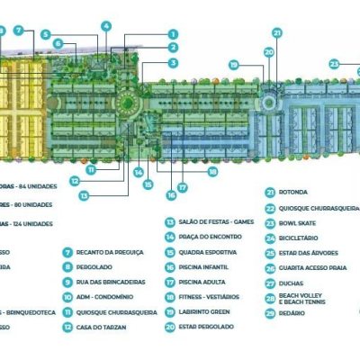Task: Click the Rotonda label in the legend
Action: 294,192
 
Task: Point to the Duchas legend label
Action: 292,283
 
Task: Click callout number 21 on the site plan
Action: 277,32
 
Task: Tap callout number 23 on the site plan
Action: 334,64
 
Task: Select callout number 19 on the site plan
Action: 233,65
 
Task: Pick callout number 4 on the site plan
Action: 105,26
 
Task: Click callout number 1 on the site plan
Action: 173,33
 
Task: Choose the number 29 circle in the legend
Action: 270,313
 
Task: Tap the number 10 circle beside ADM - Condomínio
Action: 67,297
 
